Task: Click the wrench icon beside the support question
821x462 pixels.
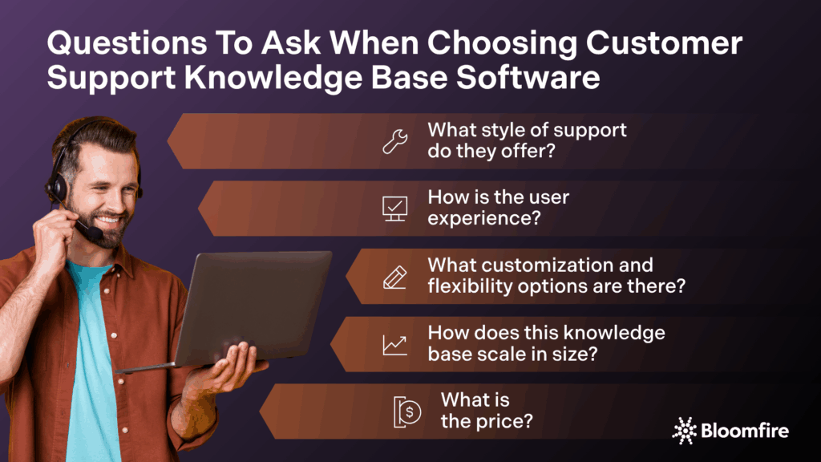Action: [394, 141]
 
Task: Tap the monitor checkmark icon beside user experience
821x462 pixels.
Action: [394, 209]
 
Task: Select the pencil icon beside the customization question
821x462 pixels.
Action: [394, 276]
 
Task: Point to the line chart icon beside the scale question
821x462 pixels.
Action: [394, 344]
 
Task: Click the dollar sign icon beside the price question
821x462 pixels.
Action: [408, 411]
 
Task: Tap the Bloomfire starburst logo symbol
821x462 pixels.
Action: [684, 430]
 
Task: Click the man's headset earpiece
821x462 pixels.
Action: [56, 188]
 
